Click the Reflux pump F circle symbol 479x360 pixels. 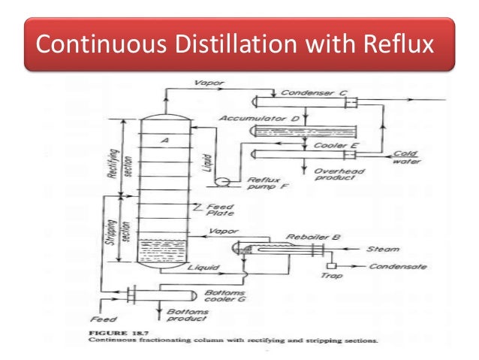click(221, 181)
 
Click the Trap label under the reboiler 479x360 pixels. click(330, 277)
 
